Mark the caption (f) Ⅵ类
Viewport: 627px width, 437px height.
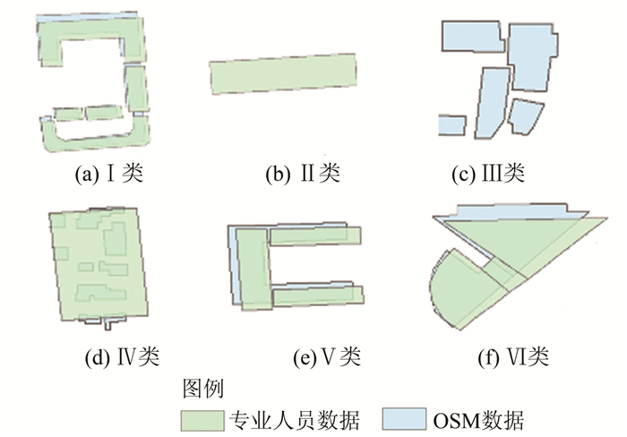(x=513, y=358)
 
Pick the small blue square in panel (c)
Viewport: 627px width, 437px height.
(x=451, y=126)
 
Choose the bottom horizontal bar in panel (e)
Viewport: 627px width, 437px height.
(x=318, y=296)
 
